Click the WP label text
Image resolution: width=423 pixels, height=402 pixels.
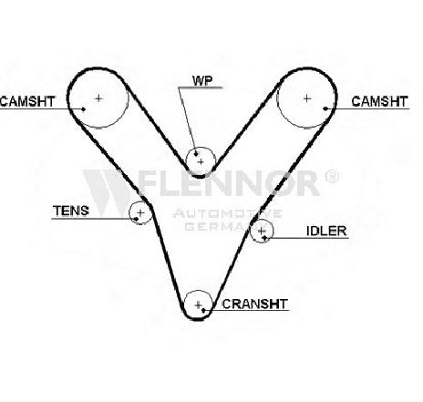202,80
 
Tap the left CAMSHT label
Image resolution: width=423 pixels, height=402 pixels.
27,101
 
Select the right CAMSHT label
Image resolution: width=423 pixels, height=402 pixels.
379,101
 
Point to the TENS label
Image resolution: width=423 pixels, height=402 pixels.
71,211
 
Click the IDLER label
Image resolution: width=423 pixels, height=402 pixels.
326,232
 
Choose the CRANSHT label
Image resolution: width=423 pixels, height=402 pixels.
254,304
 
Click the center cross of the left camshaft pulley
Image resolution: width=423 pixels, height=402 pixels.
98,98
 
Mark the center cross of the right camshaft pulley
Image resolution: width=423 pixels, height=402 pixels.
307,98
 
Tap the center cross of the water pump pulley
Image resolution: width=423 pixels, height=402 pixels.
201,162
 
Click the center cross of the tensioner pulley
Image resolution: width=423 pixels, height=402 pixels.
140,212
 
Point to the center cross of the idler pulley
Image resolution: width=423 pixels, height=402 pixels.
261,232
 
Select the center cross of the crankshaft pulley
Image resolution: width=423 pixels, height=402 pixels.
198,304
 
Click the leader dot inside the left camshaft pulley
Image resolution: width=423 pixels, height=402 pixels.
84,109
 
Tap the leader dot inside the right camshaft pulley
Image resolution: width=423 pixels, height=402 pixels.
325,108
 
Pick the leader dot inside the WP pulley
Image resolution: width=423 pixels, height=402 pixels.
196,154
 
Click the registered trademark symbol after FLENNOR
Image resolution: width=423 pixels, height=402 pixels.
332,176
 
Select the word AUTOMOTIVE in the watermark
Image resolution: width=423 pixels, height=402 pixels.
227,214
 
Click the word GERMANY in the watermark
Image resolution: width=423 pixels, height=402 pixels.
225,226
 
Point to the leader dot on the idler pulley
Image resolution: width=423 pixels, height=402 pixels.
265,237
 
